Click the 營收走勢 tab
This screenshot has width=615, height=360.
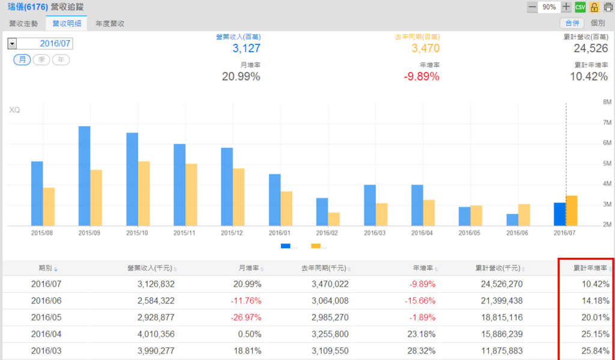click(x=23, y=23)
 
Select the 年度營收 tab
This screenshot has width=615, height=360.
click(x=110, y=23)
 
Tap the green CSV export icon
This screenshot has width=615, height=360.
click(x=580, y=7)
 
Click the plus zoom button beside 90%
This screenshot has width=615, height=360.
click(x=566, y=7)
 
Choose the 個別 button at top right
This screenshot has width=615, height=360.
click(x=598, y=23)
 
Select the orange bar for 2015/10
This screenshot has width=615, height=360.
click(x=144, y=193)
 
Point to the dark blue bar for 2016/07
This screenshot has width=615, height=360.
click(x=560, y=213)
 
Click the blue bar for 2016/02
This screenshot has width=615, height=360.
click(x=322, y=212)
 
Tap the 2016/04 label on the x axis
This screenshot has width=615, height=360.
click(x=418, y=232)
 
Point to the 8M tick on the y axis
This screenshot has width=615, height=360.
click(x=607, y=102)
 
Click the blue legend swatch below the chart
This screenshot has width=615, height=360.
click(x=285, y=246)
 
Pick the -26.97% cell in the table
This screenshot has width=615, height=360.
click(x=245, y=317)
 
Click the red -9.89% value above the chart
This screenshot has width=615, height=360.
click(x=421, y=76)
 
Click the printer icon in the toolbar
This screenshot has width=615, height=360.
click(x=608, y=7)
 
